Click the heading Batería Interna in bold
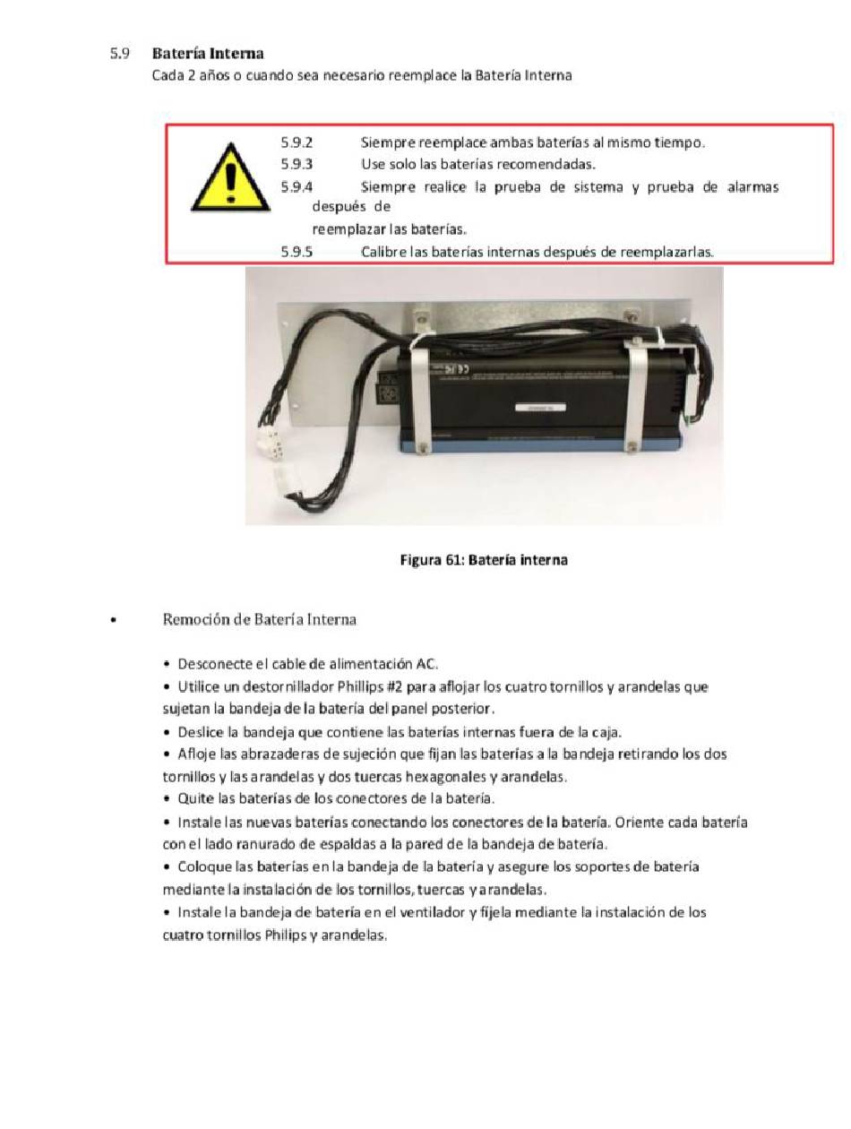coord(208,54)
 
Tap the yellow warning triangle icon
coord(231,179)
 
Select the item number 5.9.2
coord(297,142)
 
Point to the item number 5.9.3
coord(297,164)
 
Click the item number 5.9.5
coord(297,252)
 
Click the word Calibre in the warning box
coord(383,252)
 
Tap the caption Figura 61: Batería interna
coord(483,560)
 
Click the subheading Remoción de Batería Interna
coord(259,619)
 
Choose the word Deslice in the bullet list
coord(202,732)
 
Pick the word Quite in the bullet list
coord(196,798)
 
